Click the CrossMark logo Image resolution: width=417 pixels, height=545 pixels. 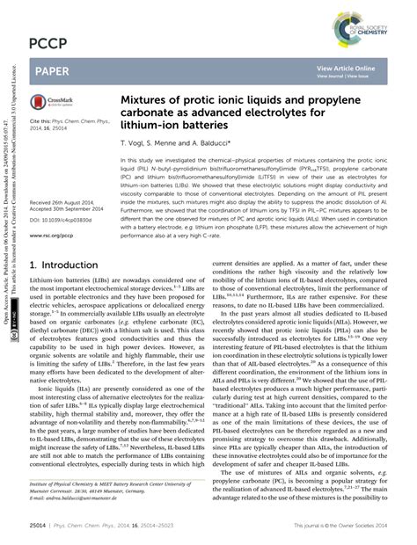click(x=55, y=102)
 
